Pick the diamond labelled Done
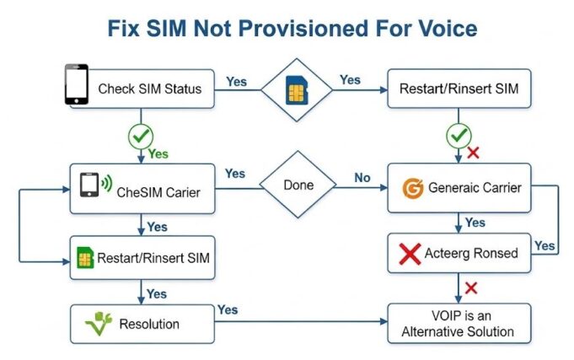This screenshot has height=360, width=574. pyautogui.click(x=297, y=185)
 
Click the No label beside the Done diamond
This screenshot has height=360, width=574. pyautogui.click(x=362, y=177)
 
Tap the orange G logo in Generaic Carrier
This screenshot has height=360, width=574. pyautogui.click(x=412, y=187)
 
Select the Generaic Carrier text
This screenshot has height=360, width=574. pyautogui.click(x=474, y=187)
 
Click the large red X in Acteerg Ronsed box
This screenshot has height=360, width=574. pyautogui.click(x=410, y=254)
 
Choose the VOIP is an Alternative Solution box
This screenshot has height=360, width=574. pyautogui.click(x=459, y=324)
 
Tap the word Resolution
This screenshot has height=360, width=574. pyautogui.click(x=150, y=323)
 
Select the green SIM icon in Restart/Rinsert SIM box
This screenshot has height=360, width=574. pyautogui.click(x=85, y=258)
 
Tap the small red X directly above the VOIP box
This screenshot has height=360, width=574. pyautogui.click(x=471, y=287)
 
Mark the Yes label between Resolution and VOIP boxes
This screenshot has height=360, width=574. pyautogui.click(x=227, y=309)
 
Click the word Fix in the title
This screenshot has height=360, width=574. pyautogui.click(x=127, y=28)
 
